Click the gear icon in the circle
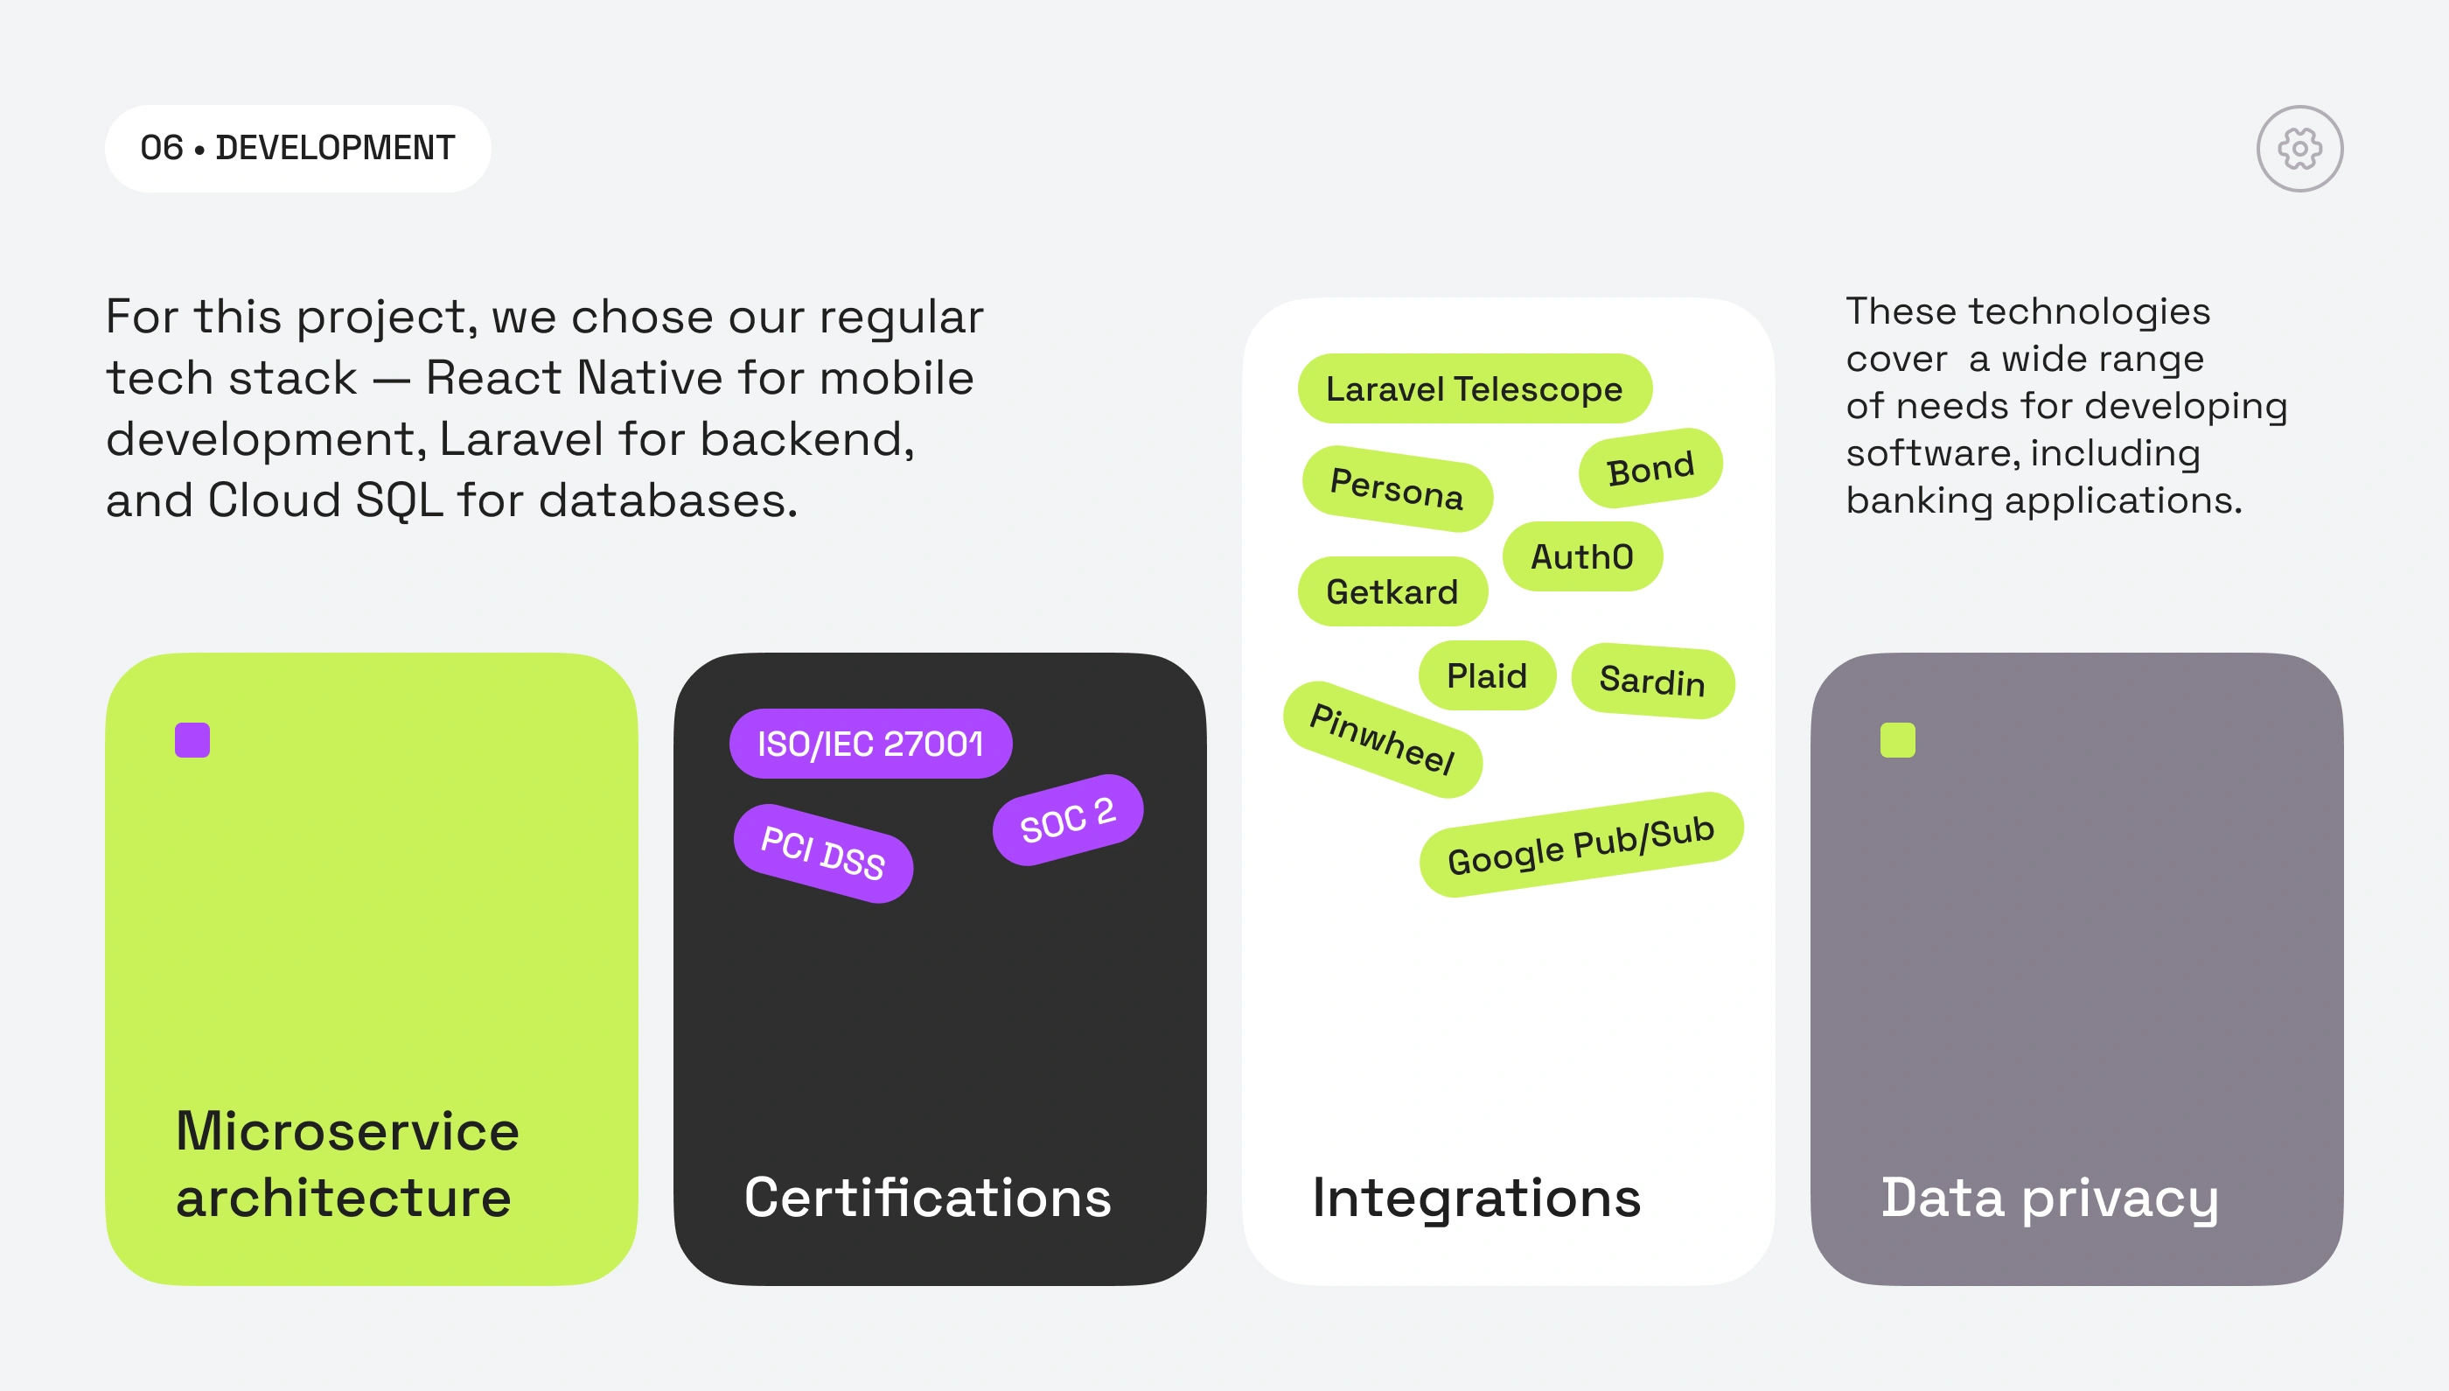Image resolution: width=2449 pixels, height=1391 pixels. [2299, 148]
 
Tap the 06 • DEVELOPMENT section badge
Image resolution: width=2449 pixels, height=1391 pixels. [297, 148]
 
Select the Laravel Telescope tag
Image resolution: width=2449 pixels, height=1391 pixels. [1474, 388]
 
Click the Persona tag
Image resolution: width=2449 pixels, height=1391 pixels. [1397, 488]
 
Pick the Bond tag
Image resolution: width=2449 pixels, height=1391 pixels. [1650, 468]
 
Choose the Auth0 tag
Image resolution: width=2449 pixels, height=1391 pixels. [1581, 556]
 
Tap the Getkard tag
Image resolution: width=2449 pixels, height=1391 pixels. [1392, 591]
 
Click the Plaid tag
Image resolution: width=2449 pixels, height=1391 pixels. [1486, 675]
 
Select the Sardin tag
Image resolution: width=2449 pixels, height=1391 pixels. [1651, 681]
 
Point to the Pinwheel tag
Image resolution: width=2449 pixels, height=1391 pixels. [1381, 738]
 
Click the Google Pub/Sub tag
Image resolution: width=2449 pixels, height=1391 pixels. [1580, 844]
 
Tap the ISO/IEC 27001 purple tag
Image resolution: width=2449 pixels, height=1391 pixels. [869, 744]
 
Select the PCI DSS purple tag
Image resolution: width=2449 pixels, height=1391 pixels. [822, 852]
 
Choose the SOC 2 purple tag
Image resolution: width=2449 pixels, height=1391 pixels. [1067, 820]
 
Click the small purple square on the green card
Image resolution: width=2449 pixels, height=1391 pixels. [192, 739]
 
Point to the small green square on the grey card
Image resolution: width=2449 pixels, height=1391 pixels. [1897, 739]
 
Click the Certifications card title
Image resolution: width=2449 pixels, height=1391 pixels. [927, 1197]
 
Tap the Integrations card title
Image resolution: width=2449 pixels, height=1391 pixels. [1476, 1197]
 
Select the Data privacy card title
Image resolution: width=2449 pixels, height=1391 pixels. [2048, 1197]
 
